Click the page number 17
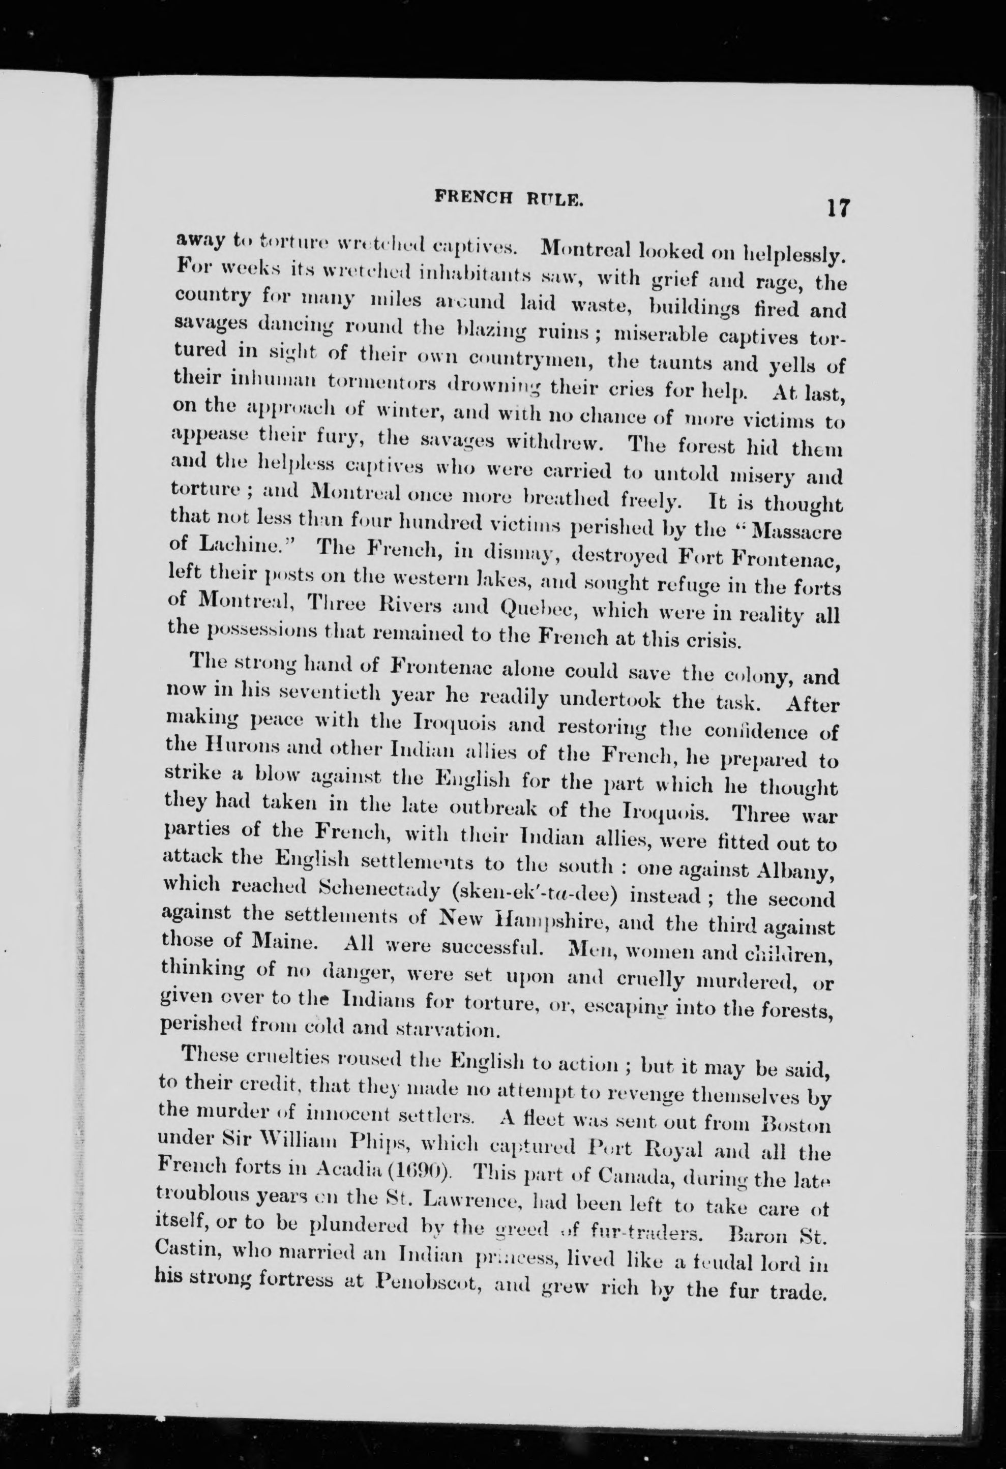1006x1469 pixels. pyautogui.click(x=836, y=208)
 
